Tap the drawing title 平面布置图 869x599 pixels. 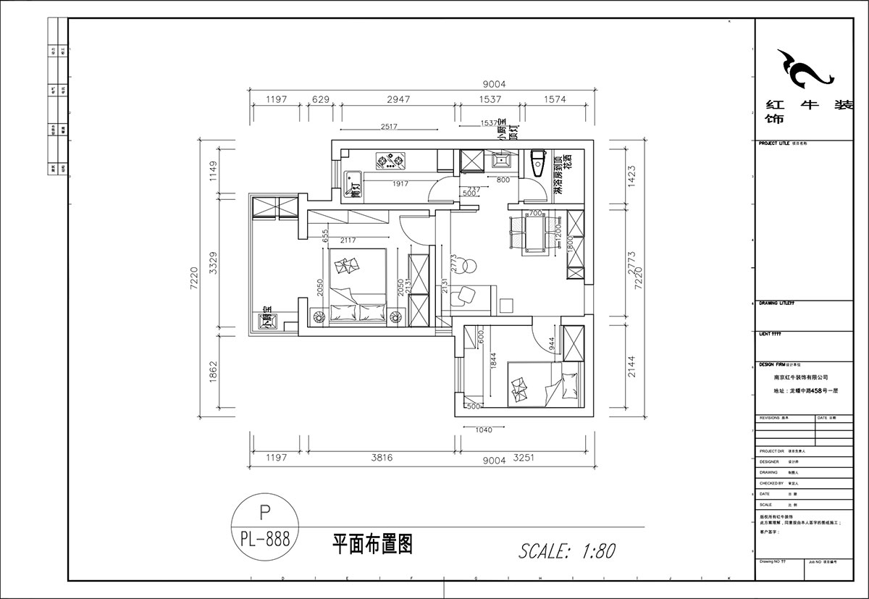[x=372, y=544]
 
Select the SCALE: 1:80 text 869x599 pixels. [x=567, y=551]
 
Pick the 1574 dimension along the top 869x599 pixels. [x=553, y=100]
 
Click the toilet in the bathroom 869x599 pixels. [x=537, y=163]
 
